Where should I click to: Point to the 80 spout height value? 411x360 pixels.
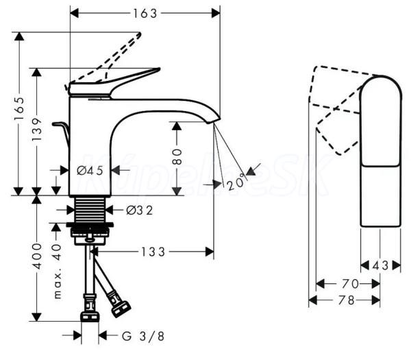click(x=177, y=156)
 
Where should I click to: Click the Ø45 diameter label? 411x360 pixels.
click(x=90, y=170)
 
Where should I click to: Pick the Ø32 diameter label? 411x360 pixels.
click(x=139, y=210)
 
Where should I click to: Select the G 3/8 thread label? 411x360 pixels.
click(x=144, y=335)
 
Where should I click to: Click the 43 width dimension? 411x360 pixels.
click(x=380, y=264)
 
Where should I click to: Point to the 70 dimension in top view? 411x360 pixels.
click(x=350, y=282)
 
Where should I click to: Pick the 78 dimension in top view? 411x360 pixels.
click(x=350, y=300)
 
